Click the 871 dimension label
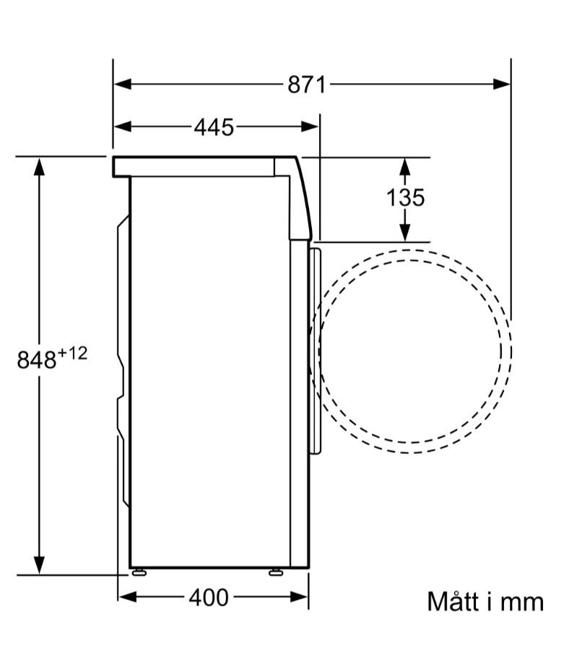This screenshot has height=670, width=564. click(x=306, y=85)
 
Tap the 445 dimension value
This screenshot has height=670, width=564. click(x=214, y=127)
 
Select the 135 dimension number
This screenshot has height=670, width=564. click(x=405, y=197)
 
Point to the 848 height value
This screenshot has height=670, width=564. click(x=37, y=359)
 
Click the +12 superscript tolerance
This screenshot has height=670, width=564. click(x=73, y=353)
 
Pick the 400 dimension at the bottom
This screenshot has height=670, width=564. click(x=209, y=597)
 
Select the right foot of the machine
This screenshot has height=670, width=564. click(x=276, y=572)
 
